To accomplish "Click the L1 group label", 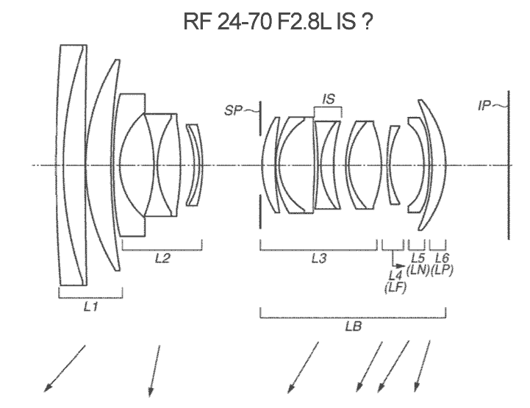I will (x=90, y=308).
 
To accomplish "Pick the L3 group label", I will (x=319, y=258).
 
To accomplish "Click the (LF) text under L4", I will (x=395, y=287).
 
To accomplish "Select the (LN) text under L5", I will (x=418, y=269).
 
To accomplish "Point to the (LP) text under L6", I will (x=442, y=269).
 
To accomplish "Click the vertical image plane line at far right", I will (x=507, y=165).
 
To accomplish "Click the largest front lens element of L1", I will (x=72, y=165).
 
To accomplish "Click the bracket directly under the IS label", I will (x=328, y=111).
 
